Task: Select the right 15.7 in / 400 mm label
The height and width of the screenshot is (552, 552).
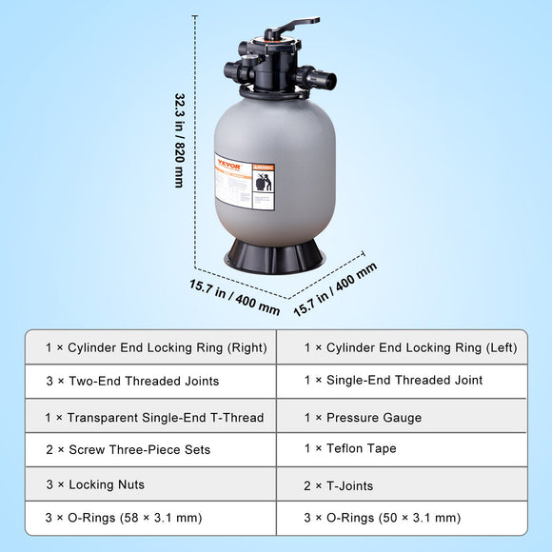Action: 336,288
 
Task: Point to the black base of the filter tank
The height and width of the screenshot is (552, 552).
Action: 274,256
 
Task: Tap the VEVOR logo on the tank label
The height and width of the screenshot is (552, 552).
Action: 229,163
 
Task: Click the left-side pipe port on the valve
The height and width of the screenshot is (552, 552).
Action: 234,70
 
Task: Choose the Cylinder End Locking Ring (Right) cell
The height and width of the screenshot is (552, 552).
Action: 148,348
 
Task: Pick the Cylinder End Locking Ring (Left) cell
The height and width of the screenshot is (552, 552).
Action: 403,348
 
